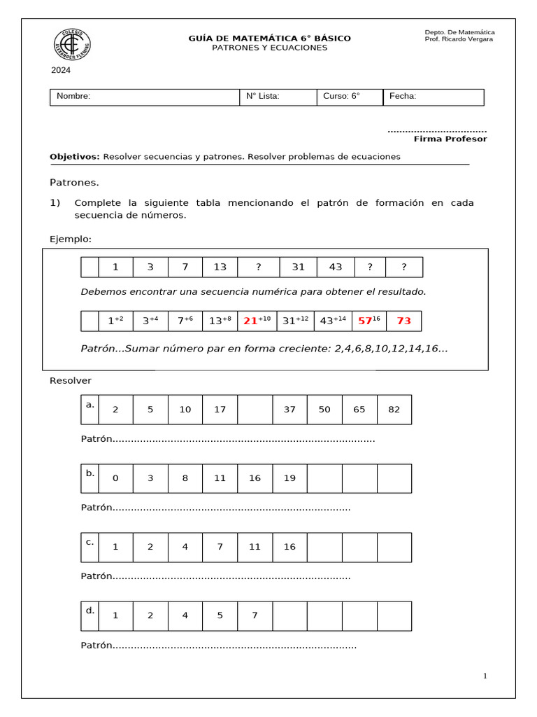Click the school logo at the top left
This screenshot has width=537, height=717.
(71, 44)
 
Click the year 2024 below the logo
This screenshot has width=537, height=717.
(61, 70)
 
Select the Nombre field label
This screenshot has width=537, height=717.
(73, 97)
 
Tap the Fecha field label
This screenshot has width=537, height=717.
(403, 97)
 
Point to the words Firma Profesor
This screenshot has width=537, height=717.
(450, 139)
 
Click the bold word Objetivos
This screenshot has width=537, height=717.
(75, 157)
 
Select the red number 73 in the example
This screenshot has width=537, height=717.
(403, 321)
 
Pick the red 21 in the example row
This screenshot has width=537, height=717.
(251, 321)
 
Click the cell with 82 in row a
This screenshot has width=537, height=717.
(394, 410)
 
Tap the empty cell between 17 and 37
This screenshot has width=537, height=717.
(255, 410)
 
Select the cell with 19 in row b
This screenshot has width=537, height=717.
(289, 478)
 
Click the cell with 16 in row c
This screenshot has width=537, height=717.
(289, 547)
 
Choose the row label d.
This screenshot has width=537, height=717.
(89, 611)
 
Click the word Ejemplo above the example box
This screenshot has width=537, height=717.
(71, 239)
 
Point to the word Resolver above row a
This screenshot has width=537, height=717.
(71, 381)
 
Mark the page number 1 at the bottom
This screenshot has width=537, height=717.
(485, 676)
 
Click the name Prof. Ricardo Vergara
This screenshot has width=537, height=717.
(459, 39)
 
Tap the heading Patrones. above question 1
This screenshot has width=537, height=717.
(74, 183)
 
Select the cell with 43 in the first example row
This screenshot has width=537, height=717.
(336, 267)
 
